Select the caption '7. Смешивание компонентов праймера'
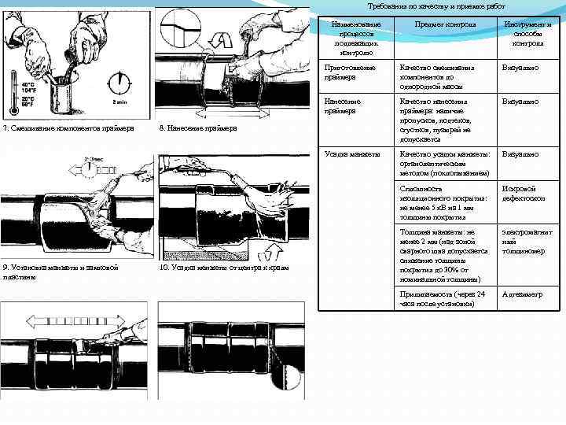click(x=68, y=128)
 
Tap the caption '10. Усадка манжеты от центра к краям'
click(x=223, y=268)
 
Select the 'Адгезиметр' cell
click(x=522, y=294)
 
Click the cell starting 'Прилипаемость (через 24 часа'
click(x=443, y=299)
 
